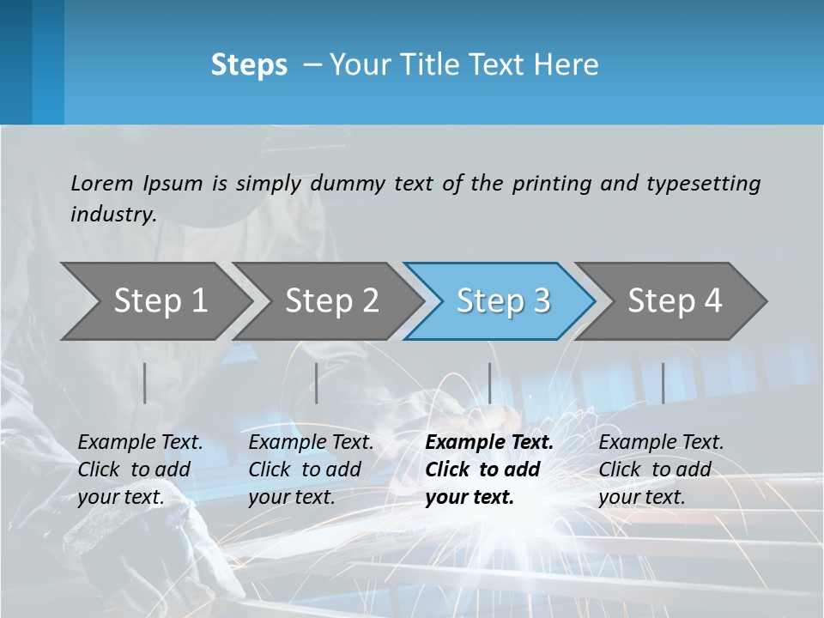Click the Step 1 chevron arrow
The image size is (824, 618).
160,301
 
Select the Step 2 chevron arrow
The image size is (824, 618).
331,301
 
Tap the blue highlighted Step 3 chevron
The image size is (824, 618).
502,301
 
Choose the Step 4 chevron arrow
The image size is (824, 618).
674,301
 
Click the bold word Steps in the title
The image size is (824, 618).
249,65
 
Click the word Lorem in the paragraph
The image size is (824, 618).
102,183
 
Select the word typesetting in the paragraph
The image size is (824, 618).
703,183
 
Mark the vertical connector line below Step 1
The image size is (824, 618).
145,383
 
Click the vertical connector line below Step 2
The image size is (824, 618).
317,383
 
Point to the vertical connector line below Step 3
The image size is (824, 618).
489,383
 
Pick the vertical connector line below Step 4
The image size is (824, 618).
663,383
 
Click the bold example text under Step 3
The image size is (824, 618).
488,470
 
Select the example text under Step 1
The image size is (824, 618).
140,470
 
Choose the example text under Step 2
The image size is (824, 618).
311,470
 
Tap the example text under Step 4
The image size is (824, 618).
661,470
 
